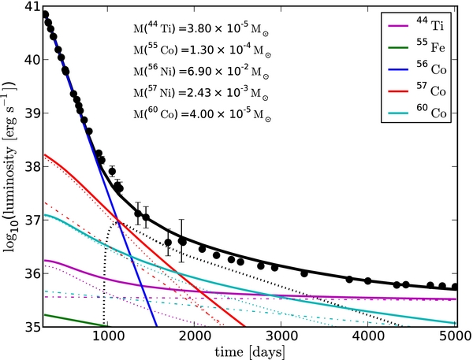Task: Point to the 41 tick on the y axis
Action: [x=32, y=7]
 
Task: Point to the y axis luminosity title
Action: [x=10, y=165]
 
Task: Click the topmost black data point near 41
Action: [x=45, y=14]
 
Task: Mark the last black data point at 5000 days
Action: [x=455, y=287]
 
